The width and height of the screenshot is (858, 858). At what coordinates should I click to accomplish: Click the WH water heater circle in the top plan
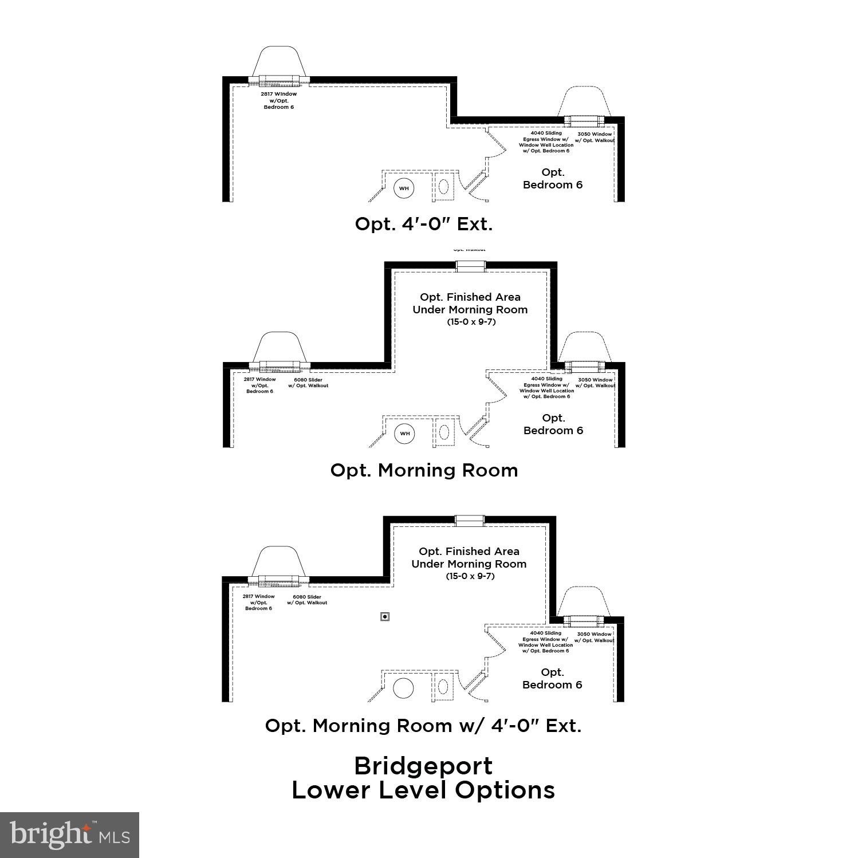(x=404, y=188)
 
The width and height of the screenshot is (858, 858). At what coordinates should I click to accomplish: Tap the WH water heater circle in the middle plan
(x=405, y=433)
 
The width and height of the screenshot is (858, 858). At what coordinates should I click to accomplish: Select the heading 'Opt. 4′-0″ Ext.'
(x=424, y=224)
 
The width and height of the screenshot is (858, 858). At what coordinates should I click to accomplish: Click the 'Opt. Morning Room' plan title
(x=424, y=470)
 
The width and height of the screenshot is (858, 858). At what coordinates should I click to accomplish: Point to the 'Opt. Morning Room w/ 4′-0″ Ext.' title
(x=423, y=726)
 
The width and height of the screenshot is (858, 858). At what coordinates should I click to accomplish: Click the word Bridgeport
(x=423, y=766)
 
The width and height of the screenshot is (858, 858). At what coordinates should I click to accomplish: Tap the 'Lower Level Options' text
(x=423, y=790)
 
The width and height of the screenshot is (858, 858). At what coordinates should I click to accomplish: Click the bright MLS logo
(x=69, y=835)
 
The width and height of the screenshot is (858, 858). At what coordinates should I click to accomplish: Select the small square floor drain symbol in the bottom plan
(x=385, y=616)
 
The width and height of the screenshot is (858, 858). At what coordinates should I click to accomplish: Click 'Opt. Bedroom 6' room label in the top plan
(x=553, y=179)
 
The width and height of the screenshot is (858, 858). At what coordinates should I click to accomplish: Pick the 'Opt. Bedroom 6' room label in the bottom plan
(x=552, y=679)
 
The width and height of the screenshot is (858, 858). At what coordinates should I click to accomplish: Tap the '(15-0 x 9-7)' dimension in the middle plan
(x=471, y=322)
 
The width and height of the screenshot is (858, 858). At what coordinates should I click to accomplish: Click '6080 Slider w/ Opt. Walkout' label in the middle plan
(x=308, y=383)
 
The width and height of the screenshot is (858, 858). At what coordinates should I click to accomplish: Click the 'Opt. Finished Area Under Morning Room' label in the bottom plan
(x=469, y=557)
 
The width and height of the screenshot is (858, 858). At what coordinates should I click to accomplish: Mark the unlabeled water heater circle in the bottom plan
(x=404, y=688)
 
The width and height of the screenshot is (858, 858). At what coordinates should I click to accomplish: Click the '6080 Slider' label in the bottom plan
(x=307, y=600)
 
